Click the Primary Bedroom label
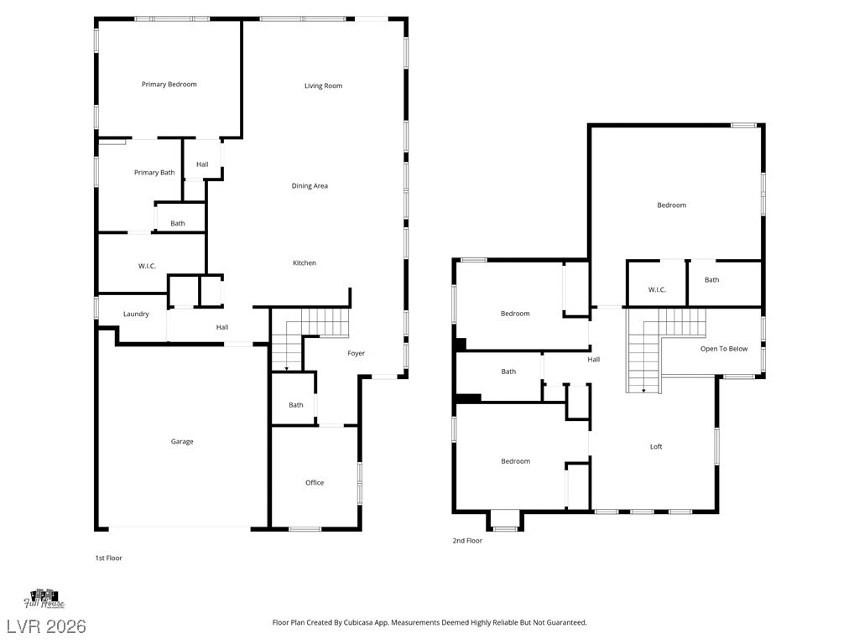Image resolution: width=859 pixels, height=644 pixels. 169,85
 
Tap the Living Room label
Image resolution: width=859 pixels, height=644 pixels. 323,86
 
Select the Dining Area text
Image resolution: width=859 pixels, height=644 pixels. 310,186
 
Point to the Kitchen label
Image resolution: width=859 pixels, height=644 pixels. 305,263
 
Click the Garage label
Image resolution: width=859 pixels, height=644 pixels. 182,442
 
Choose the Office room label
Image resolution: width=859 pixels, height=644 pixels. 315,483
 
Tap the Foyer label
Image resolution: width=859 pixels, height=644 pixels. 357,354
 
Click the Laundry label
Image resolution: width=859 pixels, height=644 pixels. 136,314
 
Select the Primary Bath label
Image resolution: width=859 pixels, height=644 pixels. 154,173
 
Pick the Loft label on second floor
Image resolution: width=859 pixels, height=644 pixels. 656,447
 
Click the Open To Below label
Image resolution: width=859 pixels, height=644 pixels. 724,349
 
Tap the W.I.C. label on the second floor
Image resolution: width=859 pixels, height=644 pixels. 657,290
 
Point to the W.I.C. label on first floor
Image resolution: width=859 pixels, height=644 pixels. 148,267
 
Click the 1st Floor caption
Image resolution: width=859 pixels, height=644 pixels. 108,558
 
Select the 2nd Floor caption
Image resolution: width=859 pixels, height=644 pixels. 468,541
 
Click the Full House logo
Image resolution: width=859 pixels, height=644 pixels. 44,598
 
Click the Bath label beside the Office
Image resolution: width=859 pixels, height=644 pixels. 296,405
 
